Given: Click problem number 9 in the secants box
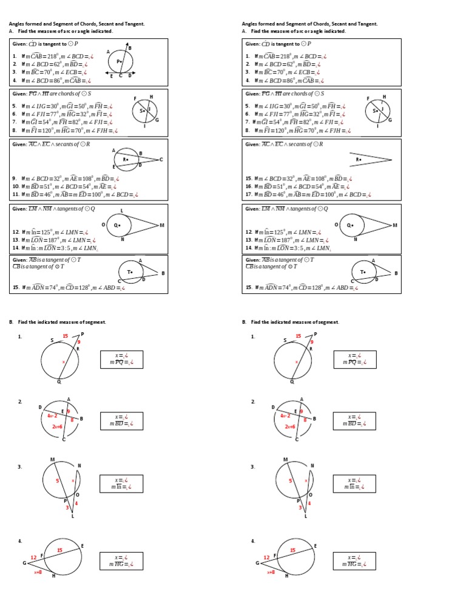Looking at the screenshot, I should click(14, 179).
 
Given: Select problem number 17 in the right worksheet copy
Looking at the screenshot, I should click(248, 194).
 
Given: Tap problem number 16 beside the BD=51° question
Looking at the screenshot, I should click(248, 186).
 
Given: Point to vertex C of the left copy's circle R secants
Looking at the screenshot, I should click(161, 160).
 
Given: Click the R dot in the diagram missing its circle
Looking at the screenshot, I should click(359, 160).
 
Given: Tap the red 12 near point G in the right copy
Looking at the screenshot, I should click(266, 557).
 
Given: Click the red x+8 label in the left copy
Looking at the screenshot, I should click(38, 572).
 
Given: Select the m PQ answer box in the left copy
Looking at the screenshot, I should click(121, 359).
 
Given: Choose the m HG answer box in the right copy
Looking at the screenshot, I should click(354, 561).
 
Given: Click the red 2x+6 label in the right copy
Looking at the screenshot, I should click(291, 426).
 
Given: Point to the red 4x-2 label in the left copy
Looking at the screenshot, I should click(52, 415).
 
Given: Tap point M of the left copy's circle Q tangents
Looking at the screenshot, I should click(161, 225).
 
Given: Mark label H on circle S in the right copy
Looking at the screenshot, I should click(384, 97).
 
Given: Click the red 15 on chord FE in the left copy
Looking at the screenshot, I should click(59, 550).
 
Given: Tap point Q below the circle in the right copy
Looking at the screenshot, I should click(292, 382).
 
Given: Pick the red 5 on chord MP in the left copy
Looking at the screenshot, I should click(58, 480).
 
